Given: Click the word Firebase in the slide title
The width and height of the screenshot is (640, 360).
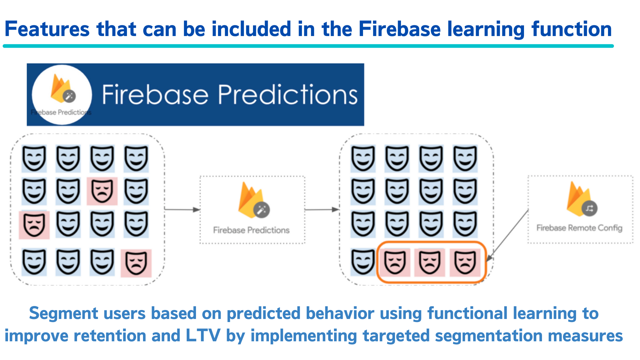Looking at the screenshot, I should pyautogui.click(x=399, y=29).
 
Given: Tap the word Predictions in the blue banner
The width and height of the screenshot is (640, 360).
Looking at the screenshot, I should pyautogui.click(x=288, y=95).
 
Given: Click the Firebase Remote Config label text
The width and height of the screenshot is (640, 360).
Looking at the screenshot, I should pyautogui.click(x=579, y=228).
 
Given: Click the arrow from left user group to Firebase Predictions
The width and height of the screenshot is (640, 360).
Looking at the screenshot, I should pyautogui.click(x=182, y=210).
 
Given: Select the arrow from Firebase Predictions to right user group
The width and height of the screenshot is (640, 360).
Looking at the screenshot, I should pyautogui.click(x=322, y=210).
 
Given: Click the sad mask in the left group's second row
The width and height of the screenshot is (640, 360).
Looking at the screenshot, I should pyautogui.click(x=102, y=191).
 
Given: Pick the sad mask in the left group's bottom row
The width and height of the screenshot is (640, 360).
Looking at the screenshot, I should pyautogui.click(x=136, y=263).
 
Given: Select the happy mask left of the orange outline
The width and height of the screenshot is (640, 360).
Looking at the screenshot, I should pyautogui.click(x=363, y=262).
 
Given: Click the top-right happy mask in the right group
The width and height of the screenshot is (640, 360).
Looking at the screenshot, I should pyautogui.click(x=465, y=158).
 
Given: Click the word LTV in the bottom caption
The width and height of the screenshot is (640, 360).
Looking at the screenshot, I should pyautogui.click(x=203, y=336).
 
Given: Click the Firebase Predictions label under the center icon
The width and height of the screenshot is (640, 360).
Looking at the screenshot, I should pyautogui.click(x=251, y=230).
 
